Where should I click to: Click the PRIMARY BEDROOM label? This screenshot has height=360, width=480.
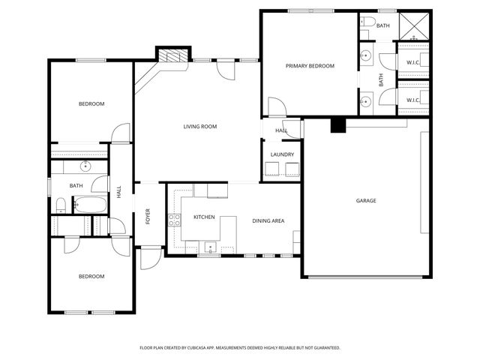coord(310,66)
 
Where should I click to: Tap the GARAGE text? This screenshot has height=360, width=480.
coord(365,200)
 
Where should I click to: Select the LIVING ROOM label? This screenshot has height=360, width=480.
coord(200,127)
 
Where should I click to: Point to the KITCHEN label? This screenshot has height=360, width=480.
coord(204,217)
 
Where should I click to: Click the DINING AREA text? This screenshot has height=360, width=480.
coord(268,220)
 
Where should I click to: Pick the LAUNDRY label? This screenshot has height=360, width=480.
coord(282,155)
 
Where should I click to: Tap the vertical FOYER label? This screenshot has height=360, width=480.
coord(148,216)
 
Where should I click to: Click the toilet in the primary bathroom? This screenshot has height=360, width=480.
coord(367,22)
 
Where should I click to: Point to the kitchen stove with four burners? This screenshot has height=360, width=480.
coord(174,220)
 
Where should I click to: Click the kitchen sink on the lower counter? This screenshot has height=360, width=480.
coord(211,246)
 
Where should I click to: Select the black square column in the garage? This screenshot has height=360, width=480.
coord(337,125)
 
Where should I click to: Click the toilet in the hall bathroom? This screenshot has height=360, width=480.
coord(61,204)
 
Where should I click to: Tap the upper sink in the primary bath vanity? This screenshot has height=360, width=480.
coord(365,55)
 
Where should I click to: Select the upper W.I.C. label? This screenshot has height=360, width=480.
coord(412,62)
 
